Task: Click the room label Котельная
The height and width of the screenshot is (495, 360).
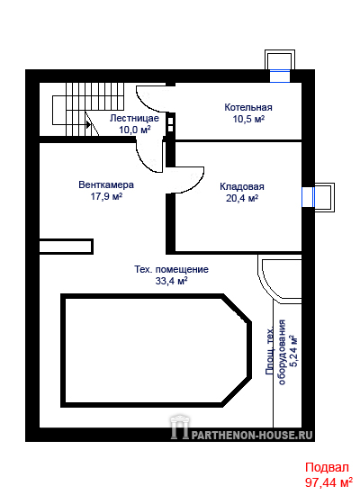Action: (x=248, y=107)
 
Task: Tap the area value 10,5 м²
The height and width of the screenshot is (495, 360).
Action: (x=248, y=119)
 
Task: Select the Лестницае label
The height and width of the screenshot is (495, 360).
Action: (x=134, y=119)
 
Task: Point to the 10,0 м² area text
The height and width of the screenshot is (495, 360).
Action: (x=134, y=130)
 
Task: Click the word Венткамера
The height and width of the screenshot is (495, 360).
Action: (x=106, y=184)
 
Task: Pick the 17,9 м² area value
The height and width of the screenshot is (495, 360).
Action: (x=106, y=196)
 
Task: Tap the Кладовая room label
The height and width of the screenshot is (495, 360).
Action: (x=242, y=186)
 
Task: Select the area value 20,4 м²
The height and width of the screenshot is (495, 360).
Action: (x=242, y=198)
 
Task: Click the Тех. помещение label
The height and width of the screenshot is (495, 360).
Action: (x=172, y=270)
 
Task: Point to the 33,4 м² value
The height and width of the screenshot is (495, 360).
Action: (x=172, y=281)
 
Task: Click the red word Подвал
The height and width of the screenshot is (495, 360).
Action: (x=327, y=467)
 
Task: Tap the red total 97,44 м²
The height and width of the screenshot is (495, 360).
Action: (x=328, y=482)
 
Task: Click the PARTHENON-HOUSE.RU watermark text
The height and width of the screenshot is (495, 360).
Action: (x=252, y=436)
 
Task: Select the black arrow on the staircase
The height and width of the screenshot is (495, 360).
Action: (x=88, y=125)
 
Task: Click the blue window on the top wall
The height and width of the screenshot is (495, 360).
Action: (x=280, y=76)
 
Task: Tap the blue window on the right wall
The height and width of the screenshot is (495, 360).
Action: (x=308, y=197)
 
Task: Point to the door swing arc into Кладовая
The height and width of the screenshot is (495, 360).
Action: (x=196, y=184)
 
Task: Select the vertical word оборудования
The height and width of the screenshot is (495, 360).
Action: (x=282, y=352)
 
